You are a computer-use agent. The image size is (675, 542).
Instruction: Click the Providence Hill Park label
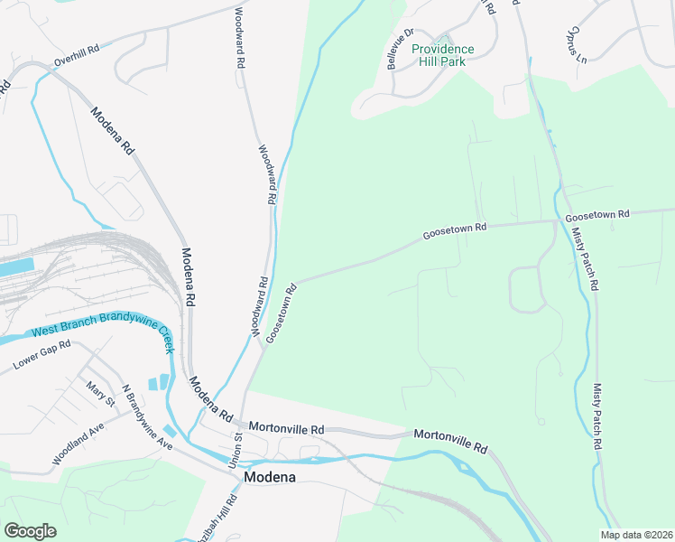pos(442,56)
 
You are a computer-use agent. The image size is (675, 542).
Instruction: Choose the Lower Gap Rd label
pos(41,359)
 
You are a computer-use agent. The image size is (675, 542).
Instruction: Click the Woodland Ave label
pos(86,439)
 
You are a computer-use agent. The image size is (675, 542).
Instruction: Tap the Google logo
pos(30,531)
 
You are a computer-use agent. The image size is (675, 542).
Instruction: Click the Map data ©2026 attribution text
pos(635,535)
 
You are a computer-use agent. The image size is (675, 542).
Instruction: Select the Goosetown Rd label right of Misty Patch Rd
pos(596,215)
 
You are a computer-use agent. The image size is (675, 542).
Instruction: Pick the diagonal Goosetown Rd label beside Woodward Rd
pos(282,313)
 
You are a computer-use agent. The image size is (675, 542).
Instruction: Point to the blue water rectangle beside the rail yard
pos(16,267)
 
